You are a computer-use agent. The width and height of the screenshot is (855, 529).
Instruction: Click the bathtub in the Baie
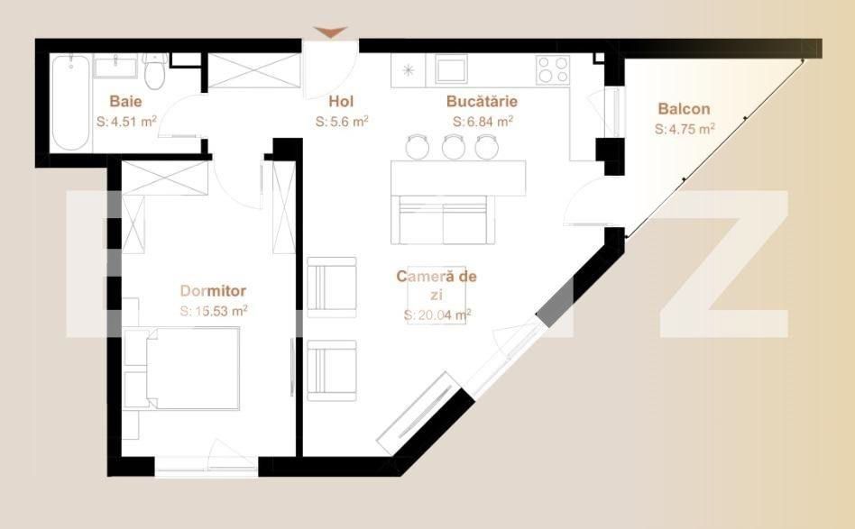click(71, 105)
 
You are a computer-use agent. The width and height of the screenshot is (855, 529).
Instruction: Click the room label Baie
click(125, 101)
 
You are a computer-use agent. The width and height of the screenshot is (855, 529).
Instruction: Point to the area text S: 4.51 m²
click(127, 120)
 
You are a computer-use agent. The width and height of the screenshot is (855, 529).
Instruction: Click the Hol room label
click(341, 101)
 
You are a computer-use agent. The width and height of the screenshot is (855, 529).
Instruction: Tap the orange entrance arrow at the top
click(331, 33)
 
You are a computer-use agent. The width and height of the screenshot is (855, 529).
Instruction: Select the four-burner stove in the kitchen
click(553, 69)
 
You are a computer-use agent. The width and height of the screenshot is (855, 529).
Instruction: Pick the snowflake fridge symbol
click(408, 69)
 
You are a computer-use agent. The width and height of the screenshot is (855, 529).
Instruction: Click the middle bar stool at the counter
click(453, 146)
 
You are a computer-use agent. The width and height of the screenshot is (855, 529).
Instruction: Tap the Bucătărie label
click(482, 101)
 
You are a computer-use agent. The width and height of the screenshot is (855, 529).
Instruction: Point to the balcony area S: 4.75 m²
click(685, 128)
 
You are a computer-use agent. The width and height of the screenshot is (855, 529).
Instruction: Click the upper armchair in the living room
click(331, 287)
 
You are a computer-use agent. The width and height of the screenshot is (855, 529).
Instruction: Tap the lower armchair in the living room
click(331, 369)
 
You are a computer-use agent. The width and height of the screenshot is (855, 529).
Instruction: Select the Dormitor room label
click(213, 290)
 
